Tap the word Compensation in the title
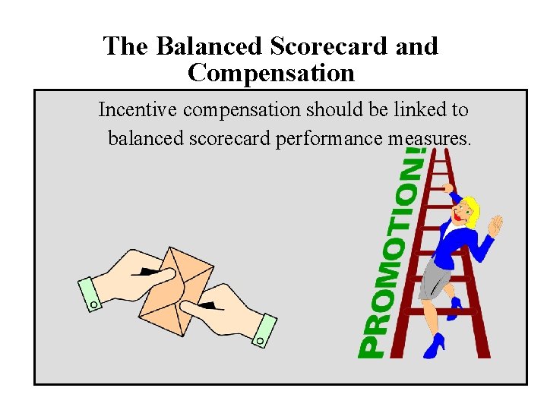[x=270, y=74]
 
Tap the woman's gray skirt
[x=436, y=278]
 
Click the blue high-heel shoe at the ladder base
[x=434, y=346]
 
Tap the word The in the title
[x=126, y=46]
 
